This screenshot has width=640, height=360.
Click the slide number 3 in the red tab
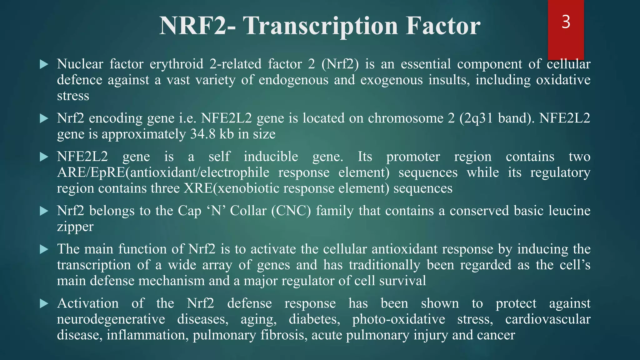point(566,22)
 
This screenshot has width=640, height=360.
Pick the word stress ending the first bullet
point(73,96)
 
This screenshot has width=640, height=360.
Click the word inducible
point(271,157)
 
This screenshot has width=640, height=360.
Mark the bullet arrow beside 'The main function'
point(44,249)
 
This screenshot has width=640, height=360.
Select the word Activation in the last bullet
point(88,303)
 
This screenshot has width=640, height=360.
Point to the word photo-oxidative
point(398,319)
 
